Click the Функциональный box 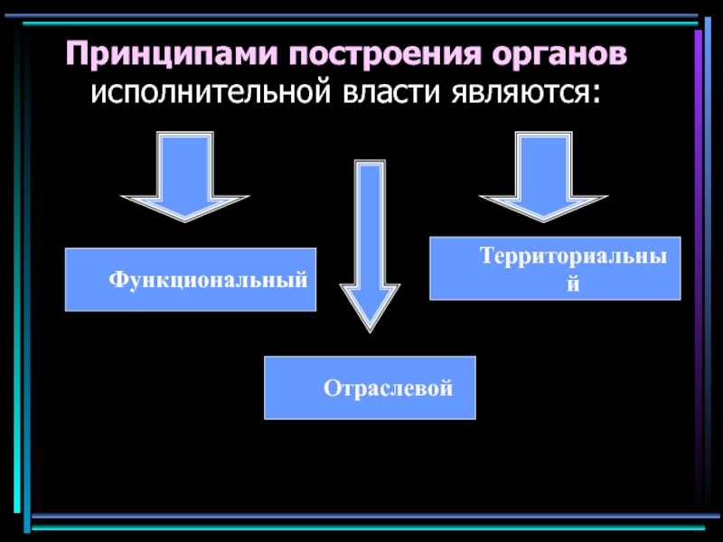tap(190, 279)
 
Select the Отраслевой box tap(370, 388)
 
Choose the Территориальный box tap(555, 268)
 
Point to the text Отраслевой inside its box tap(388, 388)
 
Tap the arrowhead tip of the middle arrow tap(369, 327)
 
